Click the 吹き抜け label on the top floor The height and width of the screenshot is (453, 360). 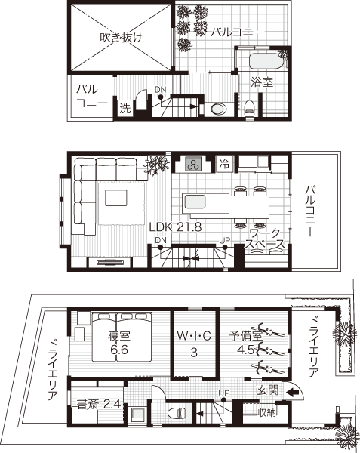click(122, 37)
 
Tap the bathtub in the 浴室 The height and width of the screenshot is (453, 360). click(266, 60)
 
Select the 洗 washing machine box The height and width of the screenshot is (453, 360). click(125, 108)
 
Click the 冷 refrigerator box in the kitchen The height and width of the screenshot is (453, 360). click(224, 164)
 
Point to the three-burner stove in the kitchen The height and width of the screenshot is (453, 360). click(192, 164)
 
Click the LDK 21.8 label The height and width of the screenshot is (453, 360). click(175, 227)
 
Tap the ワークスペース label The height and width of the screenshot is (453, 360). click(264, 239)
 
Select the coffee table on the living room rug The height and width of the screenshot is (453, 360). click(115, 198)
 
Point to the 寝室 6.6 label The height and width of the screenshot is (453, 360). click(119, 343)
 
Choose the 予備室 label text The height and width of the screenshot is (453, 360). click(246, 336)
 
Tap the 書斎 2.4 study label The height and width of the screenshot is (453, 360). click(99, 404)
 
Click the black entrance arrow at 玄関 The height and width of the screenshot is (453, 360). click(293, 392)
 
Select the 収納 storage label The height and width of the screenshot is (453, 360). click(266, 412)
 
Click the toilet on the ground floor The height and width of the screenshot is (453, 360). click(177, 413)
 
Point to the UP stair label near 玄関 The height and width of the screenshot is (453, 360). click(223, 393)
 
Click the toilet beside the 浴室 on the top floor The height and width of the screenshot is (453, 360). click(249, 108)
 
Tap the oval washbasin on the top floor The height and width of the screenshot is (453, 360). click(219, 109)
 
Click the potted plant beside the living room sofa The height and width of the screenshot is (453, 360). click(156, 165)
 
